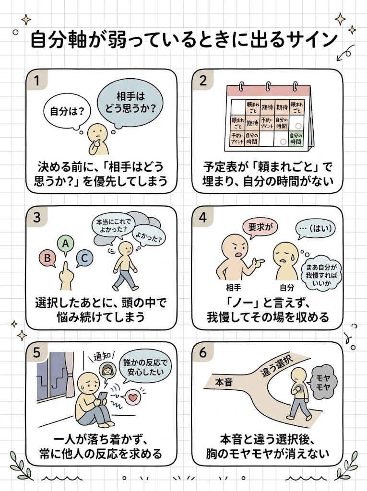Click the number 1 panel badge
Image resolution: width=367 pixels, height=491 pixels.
click(36, 81)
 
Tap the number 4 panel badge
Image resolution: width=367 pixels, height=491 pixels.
click(202, 217)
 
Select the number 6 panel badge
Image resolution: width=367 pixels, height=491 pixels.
click(202, 353)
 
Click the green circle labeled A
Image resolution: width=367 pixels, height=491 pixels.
click(65, 244)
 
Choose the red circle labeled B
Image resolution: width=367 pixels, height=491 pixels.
click(47, 258)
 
